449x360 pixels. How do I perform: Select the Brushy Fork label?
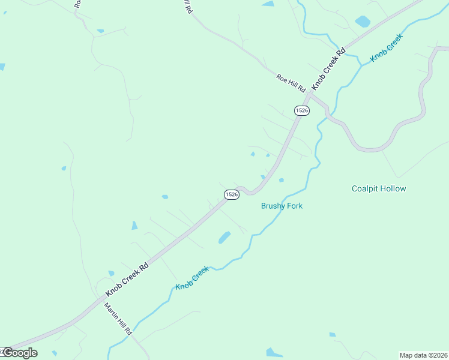point(282,206)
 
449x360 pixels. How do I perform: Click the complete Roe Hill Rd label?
point(291,82)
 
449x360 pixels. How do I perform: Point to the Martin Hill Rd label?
point(118,319)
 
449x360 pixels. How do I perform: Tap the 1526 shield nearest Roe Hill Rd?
point(302,110)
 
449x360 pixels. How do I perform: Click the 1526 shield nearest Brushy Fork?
point(232,194)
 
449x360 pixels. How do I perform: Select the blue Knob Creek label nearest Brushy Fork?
point(192,277)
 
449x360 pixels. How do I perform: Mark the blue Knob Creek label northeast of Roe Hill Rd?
point(387,47)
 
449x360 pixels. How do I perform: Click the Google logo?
point(19,353)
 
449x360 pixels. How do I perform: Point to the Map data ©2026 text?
point(423,355)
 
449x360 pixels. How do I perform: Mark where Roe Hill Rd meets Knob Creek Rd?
point(310,94)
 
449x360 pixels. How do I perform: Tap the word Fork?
point(294,206)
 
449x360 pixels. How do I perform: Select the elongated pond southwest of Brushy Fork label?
point(224,238)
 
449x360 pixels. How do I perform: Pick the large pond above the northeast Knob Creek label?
point(363,22)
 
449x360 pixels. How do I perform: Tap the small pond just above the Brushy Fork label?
point(281,180)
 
